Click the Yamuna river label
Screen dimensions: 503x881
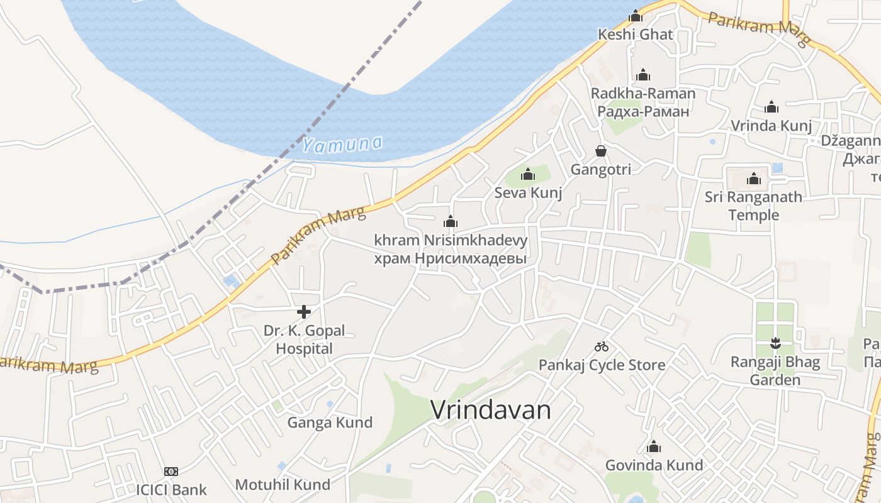tap(342, 144)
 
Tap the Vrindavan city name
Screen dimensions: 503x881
tap(491, 410)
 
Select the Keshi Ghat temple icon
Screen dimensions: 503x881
tap(636, 16)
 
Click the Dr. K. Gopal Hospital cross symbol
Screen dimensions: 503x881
tap(304, 311)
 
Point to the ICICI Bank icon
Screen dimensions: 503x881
tap(171, 472)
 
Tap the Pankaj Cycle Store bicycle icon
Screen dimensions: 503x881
tap(602, 346)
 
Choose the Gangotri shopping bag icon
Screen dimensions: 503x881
tap(601, 151)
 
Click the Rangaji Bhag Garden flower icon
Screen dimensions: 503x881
tap(775, 343)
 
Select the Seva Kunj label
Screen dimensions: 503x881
tap(528, 192)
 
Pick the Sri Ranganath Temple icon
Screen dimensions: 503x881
tap(754, 179)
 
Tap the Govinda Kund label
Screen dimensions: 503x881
tap(654, 465)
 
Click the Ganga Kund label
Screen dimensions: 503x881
tap(330, 423)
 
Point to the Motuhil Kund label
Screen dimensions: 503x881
tap(283, 485)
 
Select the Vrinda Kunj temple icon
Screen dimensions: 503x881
tap(771, 107)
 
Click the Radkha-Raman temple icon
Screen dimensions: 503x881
tap(643, 75)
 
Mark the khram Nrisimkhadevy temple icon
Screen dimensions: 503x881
tap(451, 221)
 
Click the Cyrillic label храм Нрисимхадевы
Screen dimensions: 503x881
tap(450, 258)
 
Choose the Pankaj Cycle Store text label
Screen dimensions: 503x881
tap(602, 365)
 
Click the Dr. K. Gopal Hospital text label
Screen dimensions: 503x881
tap(305, 340)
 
